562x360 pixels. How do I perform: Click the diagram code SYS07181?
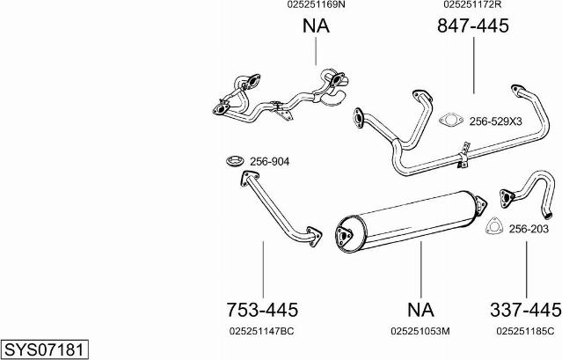pyautogui.click(x=44, y=349)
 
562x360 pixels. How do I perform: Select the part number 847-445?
pyautogui.click(x=473, y=26)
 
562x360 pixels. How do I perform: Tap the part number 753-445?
pyautogui.click(x=262, y=310)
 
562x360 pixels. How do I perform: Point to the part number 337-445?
pyautogui.click(x=525, y=310)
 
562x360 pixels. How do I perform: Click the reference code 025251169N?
pyautogui.click(x=316, y=4)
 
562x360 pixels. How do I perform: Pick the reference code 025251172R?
pyautogui.click(x=472, y=4)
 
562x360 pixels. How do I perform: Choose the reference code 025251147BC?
pyautogui.click(x=261, y=331)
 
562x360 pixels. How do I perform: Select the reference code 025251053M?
pyautogui.click(x=420, y=331)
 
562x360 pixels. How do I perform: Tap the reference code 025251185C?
pyautogui.click(x=525, y=331)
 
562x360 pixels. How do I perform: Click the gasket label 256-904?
pyautogui.click(x=269, y=162)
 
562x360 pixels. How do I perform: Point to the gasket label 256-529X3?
pyautogui.click(x=496, y=121)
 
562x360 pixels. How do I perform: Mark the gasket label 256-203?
pyautogui.click(x=529, y=229)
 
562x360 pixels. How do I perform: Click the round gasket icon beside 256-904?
pyautogui.click(x=235, y=161)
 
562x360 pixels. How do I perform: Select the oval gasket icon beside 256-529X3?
pyautogui.click(x=451, y=120)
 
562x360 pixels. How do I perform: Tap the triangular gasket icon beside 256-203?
pyautogui.click(x=494, y=226)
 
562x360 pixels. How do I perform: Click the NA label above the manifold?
pyautogui.click(x=316, y=26)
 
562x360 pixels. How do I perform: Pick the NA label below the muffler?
pyautogui.click(x=420, y=310)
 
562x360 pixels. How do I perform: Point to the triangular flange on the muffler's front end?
pyautogui.click(x=345, y=236)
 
